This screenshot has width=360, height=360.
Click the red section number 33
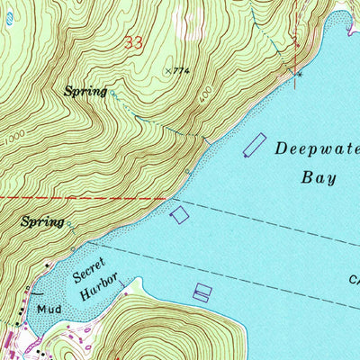pos(134,42)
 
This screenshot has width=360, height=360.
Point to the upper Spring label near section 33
pos(85,91)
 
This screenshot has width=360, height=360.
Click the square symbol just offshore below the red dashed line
pos(180,214)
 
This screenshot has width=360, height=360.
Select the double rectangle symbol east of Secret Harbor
pos(202,292)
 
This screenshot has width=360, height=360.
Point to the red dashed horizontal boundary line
pos(81,197)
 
